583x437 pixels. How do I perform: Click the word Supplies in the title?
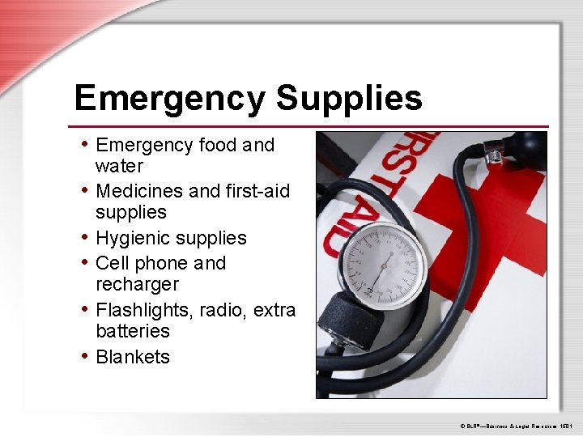pyautogui.click(x=349, y=99)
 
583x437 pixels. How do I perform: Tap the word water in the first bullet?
pyautogui.click(x=119, y=166)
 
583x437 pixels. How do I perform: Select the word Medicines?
pyautogui.click(x=138, y=191)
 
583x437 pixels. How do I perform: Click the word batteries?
pyautogui.click(x=133, y=331)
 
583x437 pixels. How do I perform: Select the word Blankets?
pyautogui.click(x=133, y=357)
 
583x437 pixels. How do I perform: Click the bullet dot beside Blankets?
pyautogui.click(x=85, y=356)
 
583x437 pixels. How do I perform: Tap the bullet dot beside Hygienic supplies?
pyautogui.click(x=85, y=237)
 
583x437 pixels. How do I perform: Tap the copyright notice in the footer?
pyautogui.click(x=516, y=424)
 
